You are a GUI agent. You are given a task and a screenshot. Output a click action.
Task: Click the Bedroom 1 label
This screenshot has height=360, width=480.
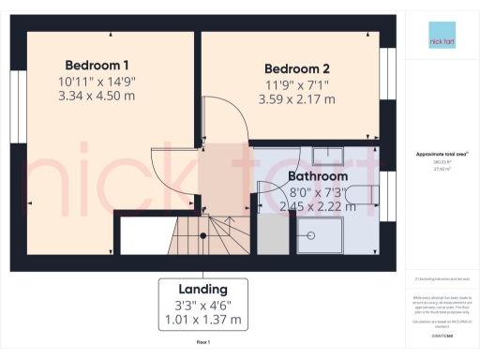pos(97,65)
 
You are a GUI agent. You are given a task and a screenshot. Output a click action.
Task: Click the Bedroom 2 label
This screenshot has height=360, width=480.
pos(297,68)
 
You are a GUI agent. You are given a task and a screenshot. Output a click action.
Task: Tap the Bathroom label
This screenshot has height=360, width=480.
pos(318,175)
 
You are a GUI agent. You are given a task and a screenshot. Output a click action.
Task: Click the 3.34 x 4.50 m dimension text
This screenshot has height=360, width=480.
pos(97,96)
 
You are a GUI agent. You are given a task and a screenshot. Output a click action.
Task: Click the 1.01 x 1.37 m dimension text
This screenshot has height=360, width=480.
pos(203,320)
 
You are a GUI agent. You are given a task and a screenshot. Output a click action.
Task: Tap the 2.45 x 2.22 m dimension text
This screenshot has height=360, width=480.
pos(318,207)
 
